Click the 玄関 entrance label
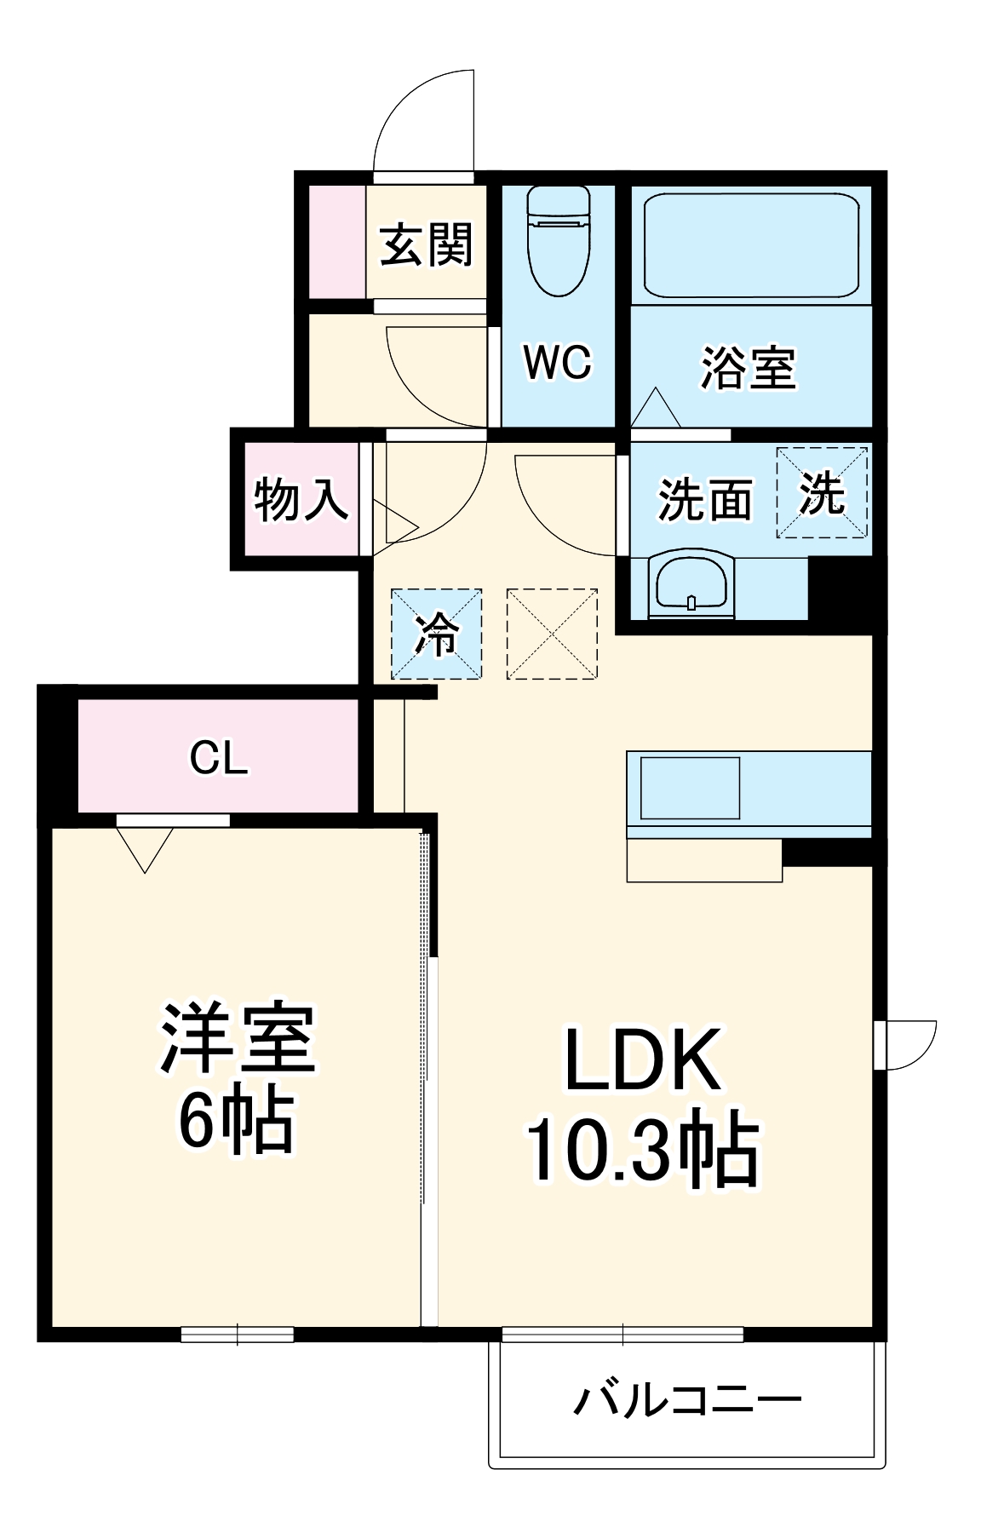click(x=426, y=244)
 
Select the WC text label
click(x=558, y=363)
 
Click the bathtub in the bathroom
click(x=750, y=245)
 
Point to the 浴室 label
click(x=749, y=367)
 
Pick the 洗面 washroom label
click(x=705, y=499)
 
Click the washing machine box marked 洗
click(x=822, y=493)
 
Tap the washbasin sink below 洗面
click(x=691, y=583)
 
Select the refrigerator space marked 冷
click(x=436, y=634)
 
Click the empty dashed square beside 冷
click(x=552, y=634)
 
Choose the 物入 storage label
click(x=301, y=499)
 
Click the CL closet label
click(x=219, y=757)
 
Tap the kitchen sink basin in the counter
click(x=690, y=788)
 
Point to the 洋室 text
click(x=238, y=1039)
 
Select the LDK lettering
click(x=643, y=1059)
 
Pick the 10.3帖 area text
click(x=643, y=1147)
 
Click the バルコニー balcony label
click(x=687, y=1400)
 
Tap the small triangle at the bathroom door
click(x=656, y=408)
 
